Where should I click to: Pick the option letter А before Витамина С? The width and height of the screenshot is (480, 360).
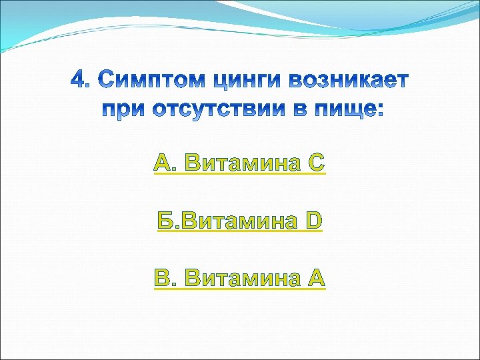click(x=163, y=162)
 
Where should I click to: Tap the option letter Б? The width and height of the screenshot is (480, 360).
click(x=167, y=220)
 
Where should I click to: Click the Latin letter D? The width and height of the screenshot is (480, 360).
click(x=314, y=220)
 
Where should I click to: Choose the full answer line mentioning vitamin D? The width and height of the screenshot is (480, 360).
click(x=240, y=220)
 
